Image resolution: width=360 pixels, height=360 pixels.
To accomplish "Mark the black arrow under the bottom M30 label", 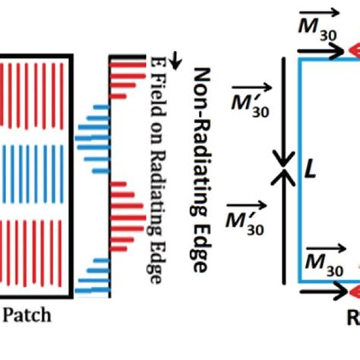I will [x=322, y=289].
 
